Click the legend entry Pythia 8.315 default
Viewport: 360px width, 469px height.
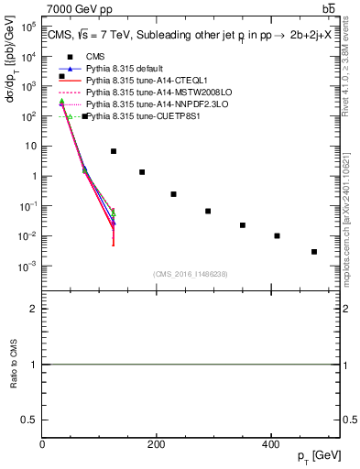point(115,68)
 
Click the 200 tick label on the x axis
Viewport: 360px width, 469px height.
point(156,444)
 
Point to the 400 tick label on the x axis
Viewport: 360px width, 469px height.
point(269,444)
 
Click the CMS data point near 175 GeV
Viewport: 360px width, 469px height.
point(142,172)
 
